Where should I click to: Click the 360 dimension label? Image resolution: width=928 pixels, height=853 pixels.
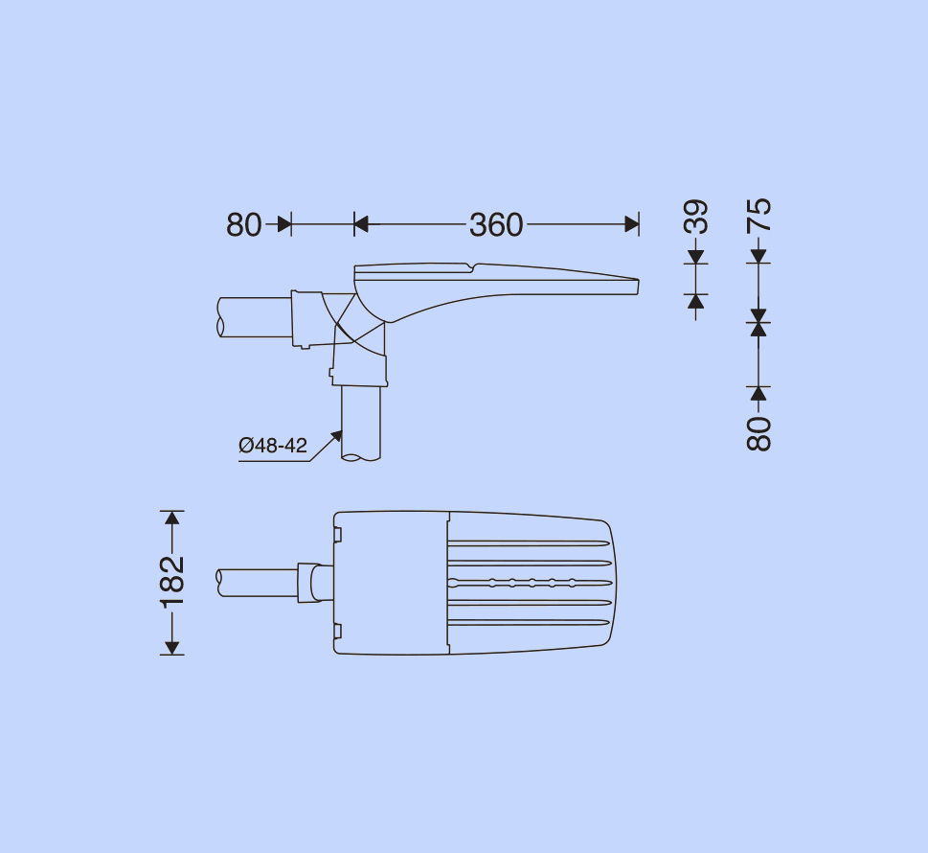click(496, 225)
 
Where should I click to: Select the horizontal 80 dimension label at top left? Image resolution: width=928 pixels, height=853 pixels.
click(244, 225)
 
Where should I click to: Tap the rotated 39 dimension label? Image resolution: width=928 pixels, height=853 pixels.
click(696, 217)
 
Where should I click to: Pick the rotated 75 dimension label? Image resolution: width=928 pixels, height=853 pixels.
click(759, 215)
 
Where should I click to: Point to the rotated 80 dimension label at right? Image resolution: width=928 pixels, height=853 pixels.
click(759, 433)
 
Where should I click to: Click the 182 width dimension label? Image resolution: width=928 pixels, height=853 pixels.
click(172, 583)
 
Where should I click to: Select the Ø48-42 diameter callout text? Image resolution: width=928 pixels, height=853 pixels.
click(273, 445)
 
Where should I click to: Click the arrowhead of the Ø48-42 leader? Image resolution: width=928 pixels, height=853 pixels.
click(337, 436)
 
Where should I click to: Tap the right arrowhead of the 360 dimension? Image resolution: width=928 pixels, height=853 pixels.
click(632, 224)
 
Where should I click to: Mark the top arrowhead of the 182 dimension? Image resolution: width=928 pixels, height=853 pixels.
click(172, 518)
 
